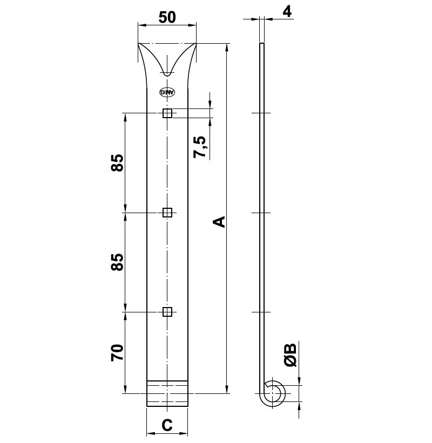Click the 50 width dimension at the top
pyautogui.click(x=167, y=17)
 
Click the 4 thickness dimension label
pyautogui.click(x=287, y=11)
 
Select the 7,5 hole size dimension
pyautogui.click(x=200, y=147)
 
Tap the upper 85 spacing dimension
pyautogui.click(x=117, y=162)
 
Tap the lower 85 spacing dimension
pyautogui.click(x=117, y=262)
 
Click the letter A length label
pyautogui.click(x=218, y=222)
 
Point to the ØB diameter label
pyautogui.click(x=291, y=355)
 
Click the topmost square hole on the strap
pyautogui.click(x=167, y=113)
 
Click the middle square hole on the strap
pyautogui.click(x=167, y=213)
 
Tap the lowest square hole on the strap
pyautogui.click(x=167, y=312)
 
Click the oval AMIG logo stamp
pyautogui.click(x=167, y=92)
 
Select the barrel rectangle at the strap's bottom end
pyautogui.click(x=167, y=393)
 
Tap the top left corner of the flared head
pyautogui.click(x=139, y=44)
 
